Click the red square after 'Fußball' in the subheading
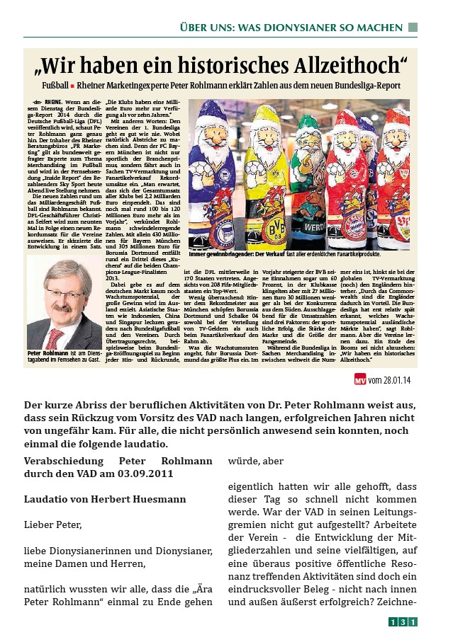pyautogui.click(x=72, y=86)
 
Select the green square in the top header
pyautogui.click(x=413, y=27)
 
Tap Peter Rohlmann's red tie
pyautogui.click(x=52, y=336)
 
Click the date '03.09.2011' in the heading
pyautogui.click(x=146, y=474)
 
